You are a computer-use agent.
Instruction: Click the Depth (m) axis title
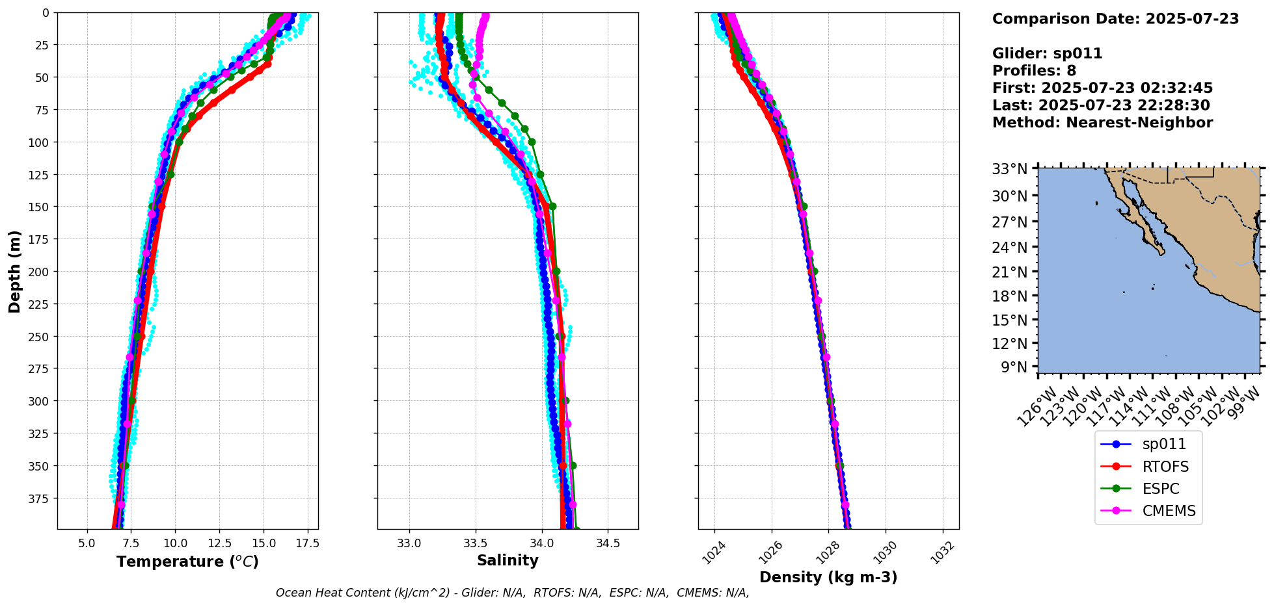[14, 271]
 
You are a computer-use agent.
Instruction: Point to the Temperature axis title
[187, 562]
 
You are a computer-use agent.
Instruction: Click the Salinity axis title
[508, 560]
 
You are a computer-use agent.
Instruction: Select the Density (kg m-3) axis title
[828, 577]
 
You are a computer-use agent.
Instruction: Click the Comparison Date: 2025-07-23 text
[1115, 19]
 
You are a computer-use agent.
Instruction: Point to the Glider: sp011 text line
[1047, 53]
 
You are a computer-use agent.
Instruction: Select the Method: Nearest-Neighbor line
[1102, 123]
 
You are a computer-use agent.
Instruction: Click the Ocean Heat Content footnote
[512, 593]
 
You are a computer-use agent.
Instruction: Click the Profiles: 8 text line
[1034, 71]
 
